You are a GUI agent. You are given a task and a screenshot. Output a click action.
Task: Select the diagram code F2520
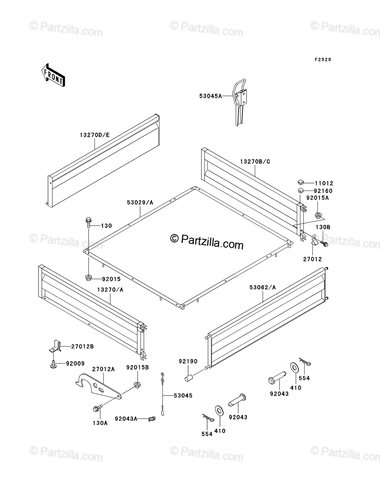tap(323, 59)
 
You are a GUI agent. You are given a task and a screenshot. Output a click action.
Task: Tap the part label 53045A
tap(211, 96)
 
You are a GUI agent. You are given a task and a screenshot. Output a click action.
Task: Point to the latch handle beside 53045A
tap(240, 101)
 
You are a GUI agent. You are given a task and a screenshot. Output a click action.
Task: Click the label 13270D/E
tap(94, 135)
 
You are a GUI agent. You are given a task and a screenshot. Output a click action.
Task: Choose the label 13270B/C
tap(255, 161)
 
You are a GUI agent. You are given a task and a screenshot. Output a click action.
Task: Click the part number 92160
tap(323, 191)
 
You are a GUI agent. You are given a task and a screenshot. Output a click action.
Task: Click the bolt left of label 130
tap(88, 222)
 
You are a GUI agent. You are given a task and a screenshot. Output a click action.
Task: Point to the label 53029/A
tap(140, 203)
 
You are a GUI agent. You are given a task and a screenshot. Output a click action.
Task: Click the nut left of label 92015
tap(88, 277)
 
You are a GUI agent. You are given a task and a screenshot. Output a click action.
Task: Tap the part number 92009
tap(75, 364)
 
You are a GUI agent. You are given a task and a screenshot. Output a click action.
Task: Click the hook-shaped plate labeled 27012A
tap(98, 386)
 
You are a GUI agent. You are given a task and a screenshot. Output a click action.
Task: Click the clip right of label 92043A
tap(152, 418)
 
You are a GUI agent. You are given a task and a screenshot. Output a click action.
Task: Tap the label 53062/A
tap(263, 288)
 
